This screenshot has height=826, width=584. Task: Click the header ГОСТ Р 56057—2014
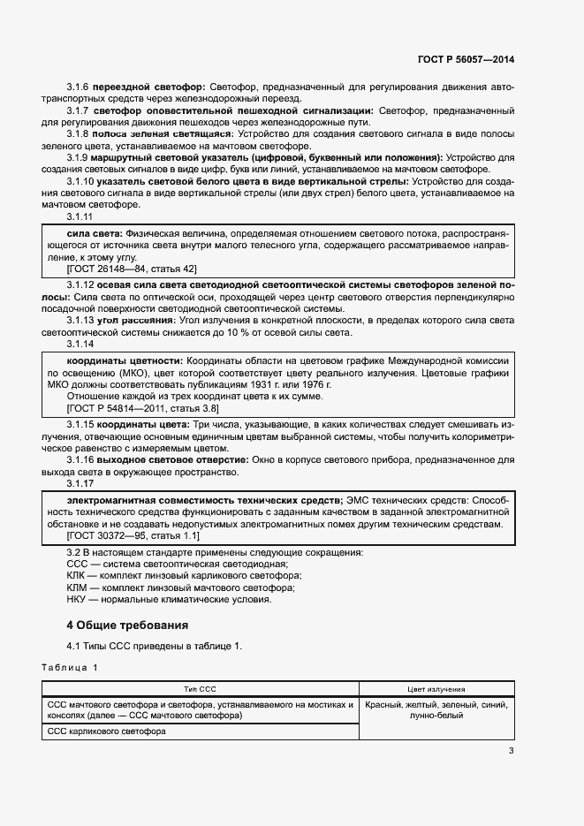point(466,59)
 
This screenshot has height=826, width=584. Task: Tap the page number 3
point(511,752)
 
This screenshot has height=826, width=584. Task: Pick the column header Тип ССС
point(200,689)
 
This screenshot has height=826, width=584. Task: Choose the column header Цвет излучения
point(436,689)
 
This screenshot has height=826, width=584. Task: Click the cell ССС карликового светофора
point(106,731)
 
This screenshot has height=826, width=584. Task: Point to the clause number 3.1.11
point(80,216)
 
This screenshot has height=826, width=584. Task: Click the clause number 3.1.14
point(80,345)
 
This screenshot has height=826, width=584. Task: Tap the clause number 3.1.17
point(80,484)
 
